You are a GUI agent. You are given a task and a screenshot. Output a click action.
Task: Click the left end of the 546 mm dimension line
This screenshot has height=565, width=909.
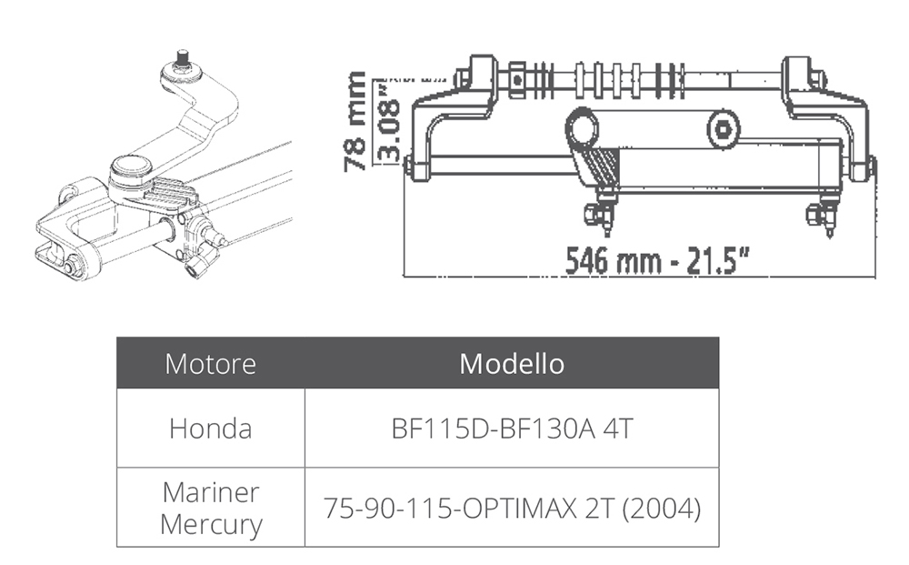pyautogui.click(x=404, y=276)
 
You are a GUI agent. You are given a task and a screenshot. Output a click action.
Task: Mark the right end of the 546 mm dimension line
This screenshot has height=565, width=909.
pyautogui.click(x=874, y=277)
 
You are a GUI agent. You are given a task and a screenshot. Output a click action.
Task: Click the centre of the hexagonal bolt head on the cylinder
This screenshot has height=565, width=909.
pyautogui.click(x=723, y=129)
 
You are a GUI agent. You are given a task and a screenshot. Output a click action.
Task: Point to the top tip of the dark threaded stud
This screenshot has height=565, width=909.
pyautogui.click(x=183, y=51)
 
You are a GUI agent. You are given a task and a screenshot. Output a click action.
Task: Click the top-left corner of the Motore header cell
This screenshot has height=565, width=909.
pyautogui.click(x=117, y=338)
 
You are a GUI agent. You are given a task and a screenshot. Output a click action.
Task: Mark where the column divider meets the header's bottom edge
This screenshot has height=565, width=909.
pyautogui.click(x=305, y=388)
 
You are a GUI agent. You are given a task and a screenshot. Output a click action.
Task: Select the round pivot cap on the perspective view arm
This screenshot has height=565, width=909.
pyautogui.click(x=131, y=167)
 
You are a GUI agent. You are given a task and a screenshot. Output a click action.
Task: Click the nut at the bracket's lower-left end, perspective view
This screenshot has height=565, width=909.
pyautogui.click(x=74, y=265)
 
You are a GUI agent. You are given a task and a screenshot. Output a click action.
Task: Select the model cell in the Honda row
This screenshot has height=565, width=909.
pyautogui.click(x=512, y=429)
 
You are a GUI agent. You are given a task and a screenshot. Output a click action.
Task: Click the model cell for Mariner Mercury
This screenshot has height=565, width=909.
pyautogui.click(x=512, y=508)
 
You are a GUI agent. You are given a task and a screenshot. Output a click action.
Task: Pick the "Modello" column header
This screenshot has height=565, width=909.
pyautogui.click(x=512, y=364)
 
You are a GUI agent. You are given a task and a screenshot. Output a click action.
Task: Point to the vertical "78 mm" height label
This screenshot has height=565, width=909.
pyautogui.click(x=355, y=121)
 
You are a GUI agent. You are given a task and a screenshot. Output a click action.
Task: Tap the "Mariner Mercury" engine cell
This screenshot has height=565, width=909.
pyautogui.click(x=211, y=509)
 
